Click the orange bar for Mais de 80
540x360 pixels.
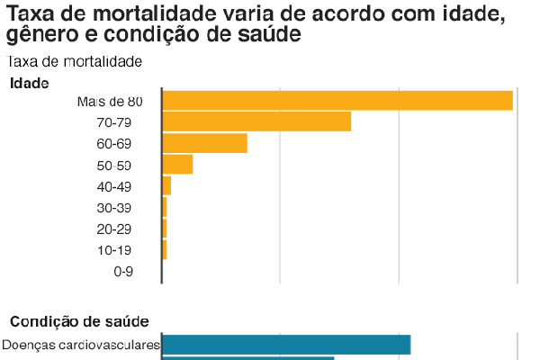(x=337, y=100)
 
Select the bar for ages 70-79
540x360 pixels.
(x=256, y=121)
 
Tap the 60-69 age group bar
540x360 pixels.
(x=204, y=143)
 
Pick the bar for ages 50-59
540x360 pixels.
(x=177, y=164)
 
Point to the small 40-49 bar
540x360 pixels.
(x=166, y=185)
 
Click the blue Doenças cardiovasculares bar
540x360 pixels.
(x=286, y=345)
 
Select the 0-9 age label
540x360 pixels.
(x=123, y=271)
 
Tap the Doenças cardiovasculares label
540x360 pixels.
(x=81, y=345)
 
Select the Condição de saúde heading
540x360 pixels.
(x=79, y=321)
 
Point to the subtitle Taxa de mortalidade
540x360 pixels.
(x=75, y=61)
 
